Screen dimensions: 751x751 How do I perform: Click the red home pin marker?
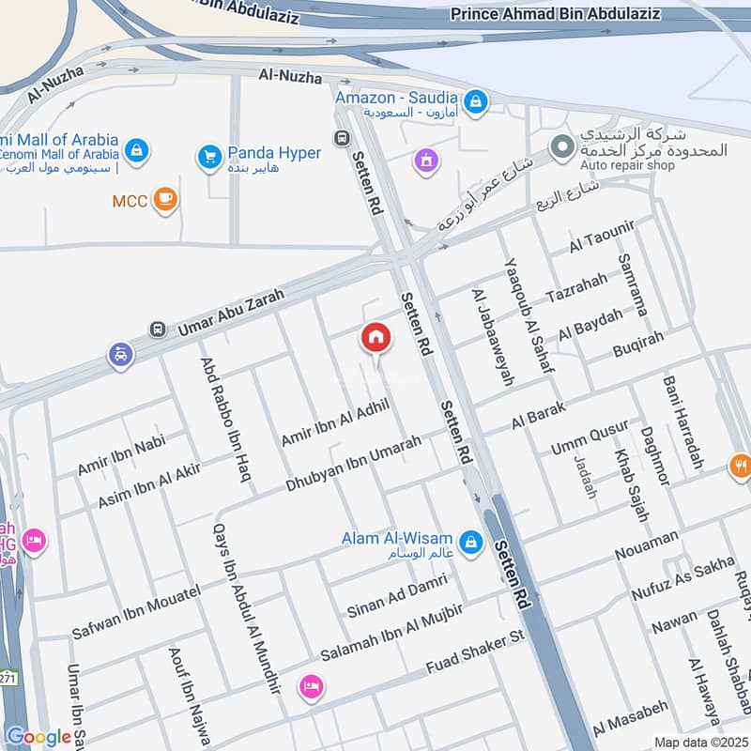[375, 337]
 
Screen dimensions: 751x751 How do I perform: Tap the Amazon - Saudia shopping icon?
[476, 99]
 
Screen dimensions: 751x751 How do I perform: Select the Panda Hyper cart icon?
[209, 156]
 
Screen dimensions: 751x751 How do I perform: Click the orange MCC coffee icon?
[166, 199]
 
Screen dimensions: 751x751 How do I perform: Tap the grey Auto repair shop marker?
[561, 147]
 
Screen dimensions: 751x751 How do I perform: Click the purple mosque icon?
[427, 161]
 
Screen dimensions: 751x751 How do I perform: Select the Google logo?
[38, 737]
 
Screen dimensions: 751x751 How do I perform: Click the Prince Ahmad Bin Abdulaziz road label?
[556, 14]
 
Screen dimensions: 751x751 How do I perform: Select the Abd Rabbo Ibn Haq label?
[226, 419]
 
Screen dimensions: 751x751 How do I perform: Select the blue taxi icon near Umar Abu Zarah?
[121, 355]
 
